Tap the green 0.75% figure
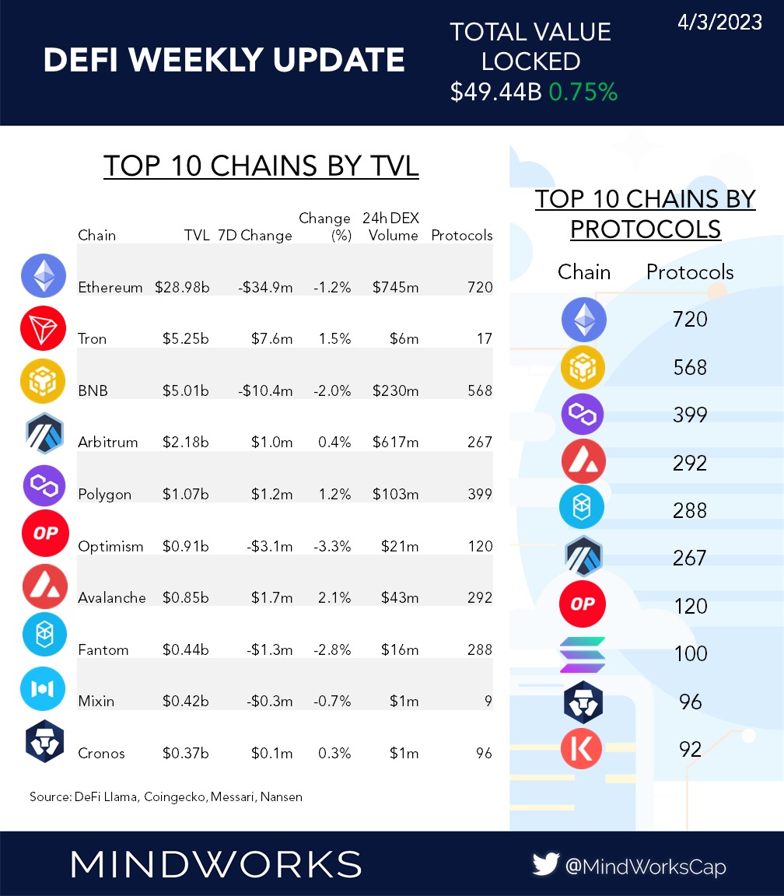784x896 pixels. (583, 93)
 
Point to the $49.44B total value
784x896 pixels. (495, 93)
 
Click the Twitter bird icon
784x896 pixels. (546, 865)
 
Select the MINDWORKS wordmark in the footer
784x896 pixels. (216, 864)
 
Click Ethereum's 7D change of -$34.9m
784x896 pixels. (265, 288)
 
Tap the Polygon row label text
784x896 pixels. (104, 495)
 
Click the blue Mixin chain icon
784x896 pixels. (41, 689)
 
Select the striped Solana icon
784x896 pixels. (582, 654)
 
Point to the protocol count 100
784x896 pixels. (690, 653)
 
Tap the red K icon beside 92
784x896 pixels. (582, 749)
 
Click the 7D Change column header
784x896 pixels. (254, 236)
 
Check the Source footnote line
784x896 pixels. (165, 796)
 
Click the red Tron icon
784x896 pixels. (41, 328)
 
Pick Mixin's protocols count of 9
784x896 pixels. (488, 702)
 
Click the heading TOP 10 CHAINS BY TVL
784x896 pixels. (261, 166)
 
